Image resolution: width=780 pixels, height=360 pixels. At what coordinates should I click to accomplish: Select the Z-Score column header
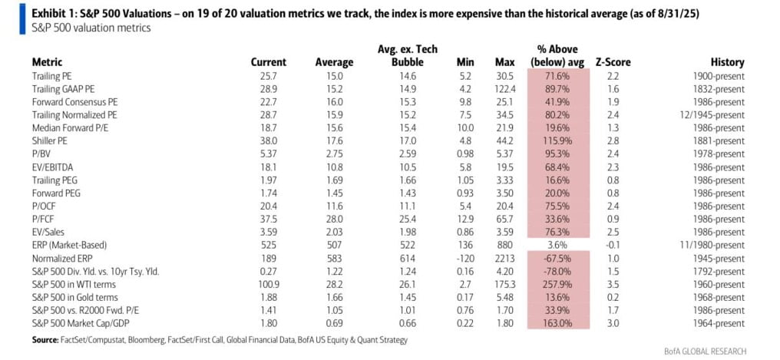pyautogui.click(x=612, y=62)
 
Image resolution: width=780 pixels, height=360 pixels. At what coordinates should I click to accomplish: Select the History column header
pyautogui.click(x=727, y=62)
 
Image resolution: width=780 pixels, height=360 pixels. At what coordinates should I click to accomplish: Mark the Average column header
pyautogui.click(x=334, y=62)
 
